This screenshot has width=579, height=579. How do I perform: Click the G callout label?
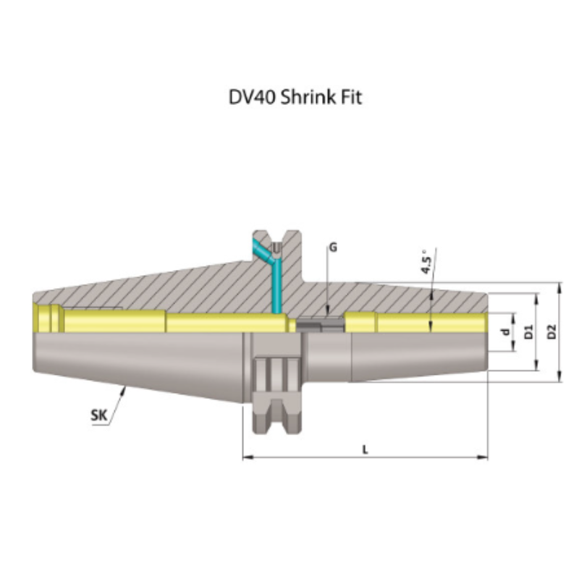coord(332,248)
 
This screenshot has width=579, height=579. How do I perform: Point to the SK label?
coord(98,415)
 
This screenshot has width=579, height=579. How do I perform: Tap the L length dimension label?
coord(365,449)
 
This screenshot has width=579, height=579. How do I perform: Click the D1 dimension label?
coord(529,332)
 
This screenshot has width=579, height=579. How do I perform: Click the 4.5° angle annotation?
coord(426,262)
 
